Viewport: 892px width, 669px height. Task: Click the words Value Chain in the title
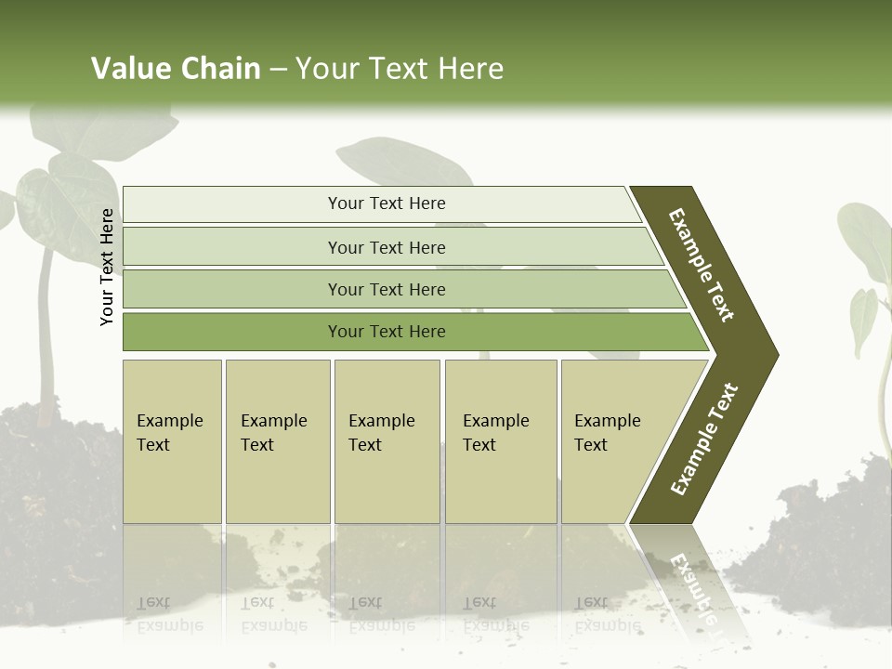176,69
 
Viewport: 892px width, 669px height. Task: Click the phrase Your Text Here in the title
400,69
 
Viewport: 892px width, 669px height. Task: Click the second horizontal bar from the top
387,247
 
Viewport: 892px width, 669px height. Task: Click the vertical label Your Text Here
107,267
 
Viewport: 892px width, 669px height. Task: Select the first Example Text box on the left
172,440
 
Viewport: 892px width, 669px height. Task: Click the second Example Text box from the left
277,440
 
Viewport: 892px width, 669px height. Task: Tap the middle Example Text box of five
387,440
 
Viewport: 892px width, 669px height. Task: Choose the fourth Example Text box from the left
500,440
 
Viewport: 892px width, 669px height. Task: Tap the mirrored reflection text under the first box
170,613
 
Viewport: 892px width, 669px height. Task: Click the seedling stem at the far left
45,307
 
